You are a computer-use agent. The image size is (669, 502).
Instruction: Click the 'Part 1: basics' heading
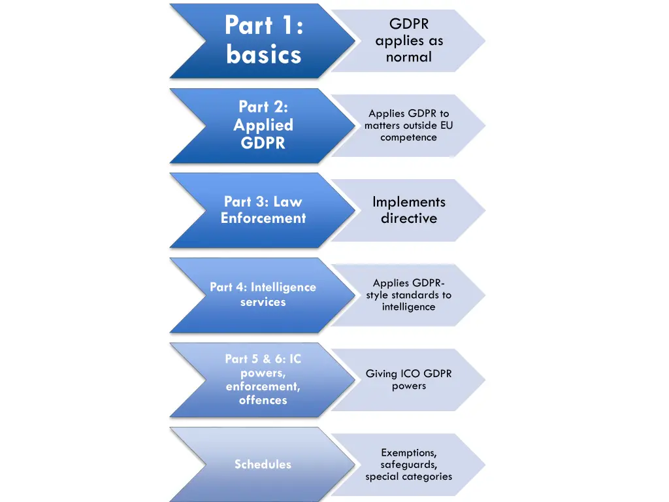click(x=263, y=40)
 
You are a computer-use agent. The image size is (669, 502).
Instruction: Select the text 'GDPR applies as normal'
click(x=409, y=41)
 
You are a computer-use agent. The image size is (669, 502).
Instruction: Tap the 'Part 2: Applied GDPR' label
click(x=263, y=125)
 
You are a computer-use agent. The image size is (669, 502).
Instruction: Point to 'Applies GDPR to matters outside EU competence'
click(x=409, y=125)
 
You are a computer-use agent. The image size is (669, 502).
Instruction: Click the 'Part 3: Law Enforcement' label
click(x=263, y=210)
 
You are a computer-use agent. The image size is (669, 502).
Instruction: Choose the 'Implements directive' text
click(x=409, y=210)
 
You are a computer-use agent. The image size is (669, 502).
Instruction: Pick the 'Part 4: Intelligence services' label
click(x=263, y=294)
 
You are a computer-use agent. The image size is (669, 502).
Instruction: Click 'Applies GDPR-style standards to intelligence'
click(x=409, y=295)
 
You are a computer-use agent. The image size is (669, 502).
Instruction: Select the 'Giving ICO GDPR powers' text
click(x=409, y=380)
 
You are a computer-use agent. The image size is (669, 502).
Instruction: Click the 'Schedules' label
click(x=263, y=464)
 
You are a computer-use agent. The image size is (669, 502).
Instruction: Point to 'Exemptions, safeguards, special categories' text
click(x=409, y=464)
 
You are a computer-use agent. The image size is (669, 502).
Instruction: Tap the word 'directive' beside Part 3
click(x=409, y=218)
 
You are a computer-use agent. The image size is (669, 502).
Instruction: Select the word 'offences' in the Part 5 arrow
click(x=263, y=400)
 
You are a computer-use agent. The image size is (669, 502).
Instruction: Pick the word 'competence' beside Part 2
click(x=409, y=137)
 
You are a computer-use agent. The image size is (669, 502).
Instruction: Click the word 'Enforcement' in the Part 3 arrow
click(x=263, y=218)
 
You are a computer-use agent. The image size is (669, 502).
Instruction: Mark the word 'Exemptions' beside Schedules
click(x=409, y=452)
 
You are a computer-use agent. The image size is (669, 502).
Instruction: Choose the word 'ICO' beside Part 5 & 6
click(x=411, y=374)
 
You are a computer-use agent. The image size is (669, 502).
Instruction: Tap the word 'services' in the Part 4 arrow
click(x=263, y=302)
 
